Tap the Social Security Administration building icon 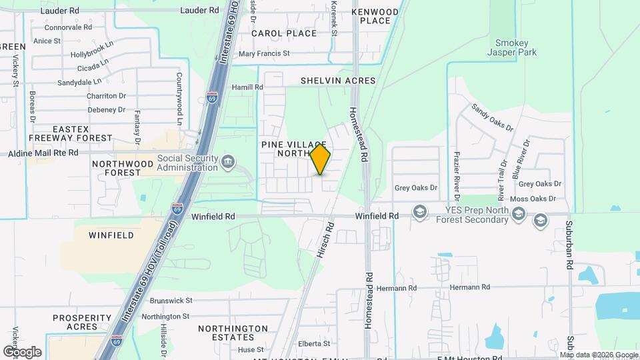pos(228,161)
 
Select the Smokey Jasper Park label pos(512,46)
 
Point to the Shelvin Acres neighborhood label pos(338,81)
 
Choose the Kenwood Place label pos(375,16)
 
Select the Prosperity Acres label pos(82,322)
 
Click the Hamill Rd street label pos(247,87)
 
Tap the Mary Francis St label pos(264,53)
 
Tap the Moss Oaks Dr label pos(532,199)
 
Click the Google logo pos(22,351)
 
